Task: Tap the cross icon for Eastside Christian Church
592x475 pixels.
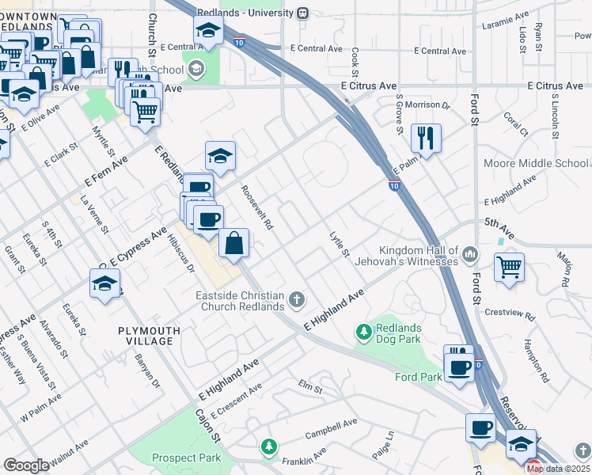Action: (x=297, y=300)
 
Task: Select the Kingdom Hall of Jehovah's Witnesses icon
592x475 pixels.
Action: (x=471, y=254)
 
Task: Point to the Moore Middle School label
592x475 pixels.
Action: (x=537, y=164)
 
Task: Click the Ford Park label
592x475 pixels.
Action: (x=419, y=377)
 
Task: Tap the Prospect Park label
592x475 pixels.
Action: (x=186, y=458)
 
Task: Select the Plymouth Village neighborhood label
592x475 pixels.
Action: (x=145, y=335)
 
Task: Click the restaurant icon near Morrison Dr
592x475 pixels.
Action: (x=426, y=139)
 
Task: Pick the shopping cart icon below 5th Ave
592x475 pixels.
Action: (x=509, y=267)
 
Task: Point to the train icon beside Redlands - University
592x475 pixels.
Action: (x=302, y=13)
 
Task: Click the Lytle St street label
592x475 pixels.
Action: (x=340, y=244)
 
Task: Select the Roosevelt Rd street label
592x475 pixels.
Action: (x=257, y=208)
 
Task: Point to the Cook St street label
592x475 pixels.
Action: (x=355, y=58)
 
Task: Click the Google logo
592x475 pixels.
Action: (x=26, y=465)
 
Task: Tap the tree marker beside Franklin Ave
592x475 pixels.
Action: (x=270, y=446)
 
